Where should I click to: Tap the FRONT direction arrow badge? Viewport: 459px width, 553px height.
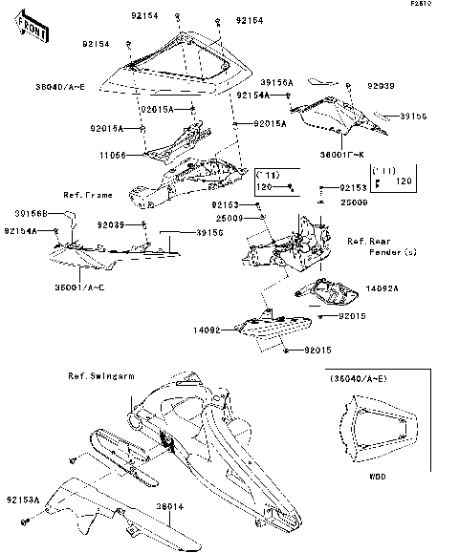coord(31,31)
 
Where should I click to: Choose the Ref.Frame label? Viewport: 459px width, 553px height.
coord(88,195)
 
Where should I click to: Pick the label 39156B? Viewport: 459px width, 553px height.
coord(33,213)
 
